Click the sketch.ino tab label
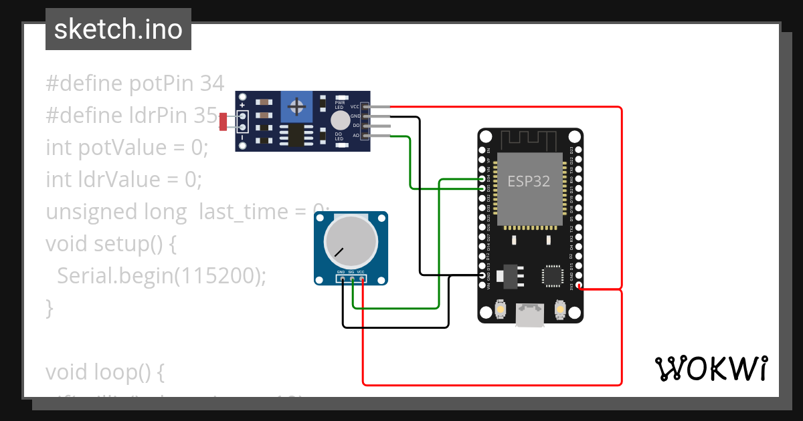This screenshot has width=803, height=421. (118, 29)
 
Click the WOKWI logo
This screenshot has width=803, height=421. (711, 368)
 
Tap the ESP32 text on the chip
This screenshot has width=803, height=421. (529, 181)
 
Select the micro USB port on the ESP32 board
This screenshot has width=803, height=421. (530, 315)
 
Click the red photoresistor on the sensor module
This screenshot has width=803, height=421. (224, 122)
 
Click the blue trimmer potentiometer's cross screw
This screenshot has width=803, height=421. (296, 107)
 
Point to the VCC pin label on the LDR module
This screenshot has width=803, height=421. (355, 107)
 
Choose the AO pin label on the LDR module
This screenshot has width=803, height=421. (355, 136)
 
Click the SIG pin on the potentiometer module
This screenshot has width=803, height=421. (352, 280)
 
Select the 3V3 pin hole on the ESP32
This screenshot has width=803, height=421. (579, 288)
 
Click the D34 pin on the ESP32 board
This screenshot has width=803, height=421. (482, 180)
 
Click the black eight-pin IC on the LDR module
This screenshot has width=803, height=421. (294, 136)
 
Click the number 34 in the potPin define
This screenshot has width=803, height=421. (211, 84)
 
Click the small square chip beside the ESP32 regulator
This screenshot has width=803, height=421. (553, 275)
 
